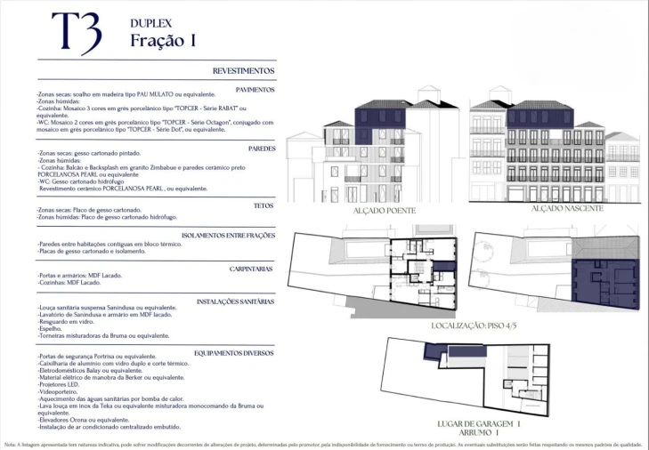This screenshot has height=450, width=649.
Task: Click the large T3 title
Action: (x=76, y=32)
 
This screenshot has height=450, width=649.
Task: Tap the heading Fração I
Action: (x=163, y=40)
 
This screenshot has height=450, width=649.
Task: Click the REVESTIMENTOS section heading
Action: (x=243, y=70)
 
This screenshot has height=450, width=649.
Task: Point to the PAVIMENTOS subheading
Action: (x=255, y=89)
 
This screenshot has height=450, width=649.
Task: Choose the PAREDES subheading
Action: (x=261, y=149)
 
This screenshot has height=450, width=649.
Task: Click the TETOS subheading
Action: (x=264, y=205)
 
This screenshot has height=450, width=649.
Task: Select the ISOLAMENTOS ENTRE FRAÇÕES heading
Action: (x=228, y=236)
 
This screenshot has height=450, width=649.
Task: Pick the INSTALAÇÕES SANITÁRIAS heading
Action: (x=235, y=301)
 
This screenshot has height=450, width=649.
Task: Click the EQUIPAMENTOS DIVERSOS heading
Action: (x=233, y=352)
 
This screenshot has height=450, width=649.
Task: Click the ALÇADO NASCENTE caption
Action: (x=567, y=208)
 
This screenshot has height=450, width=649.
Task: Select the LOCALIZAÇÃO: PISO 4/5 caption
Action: (x=480, y=326)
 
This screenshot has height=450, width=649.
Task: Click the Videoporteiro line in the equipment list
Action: (x=59, y=391)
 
